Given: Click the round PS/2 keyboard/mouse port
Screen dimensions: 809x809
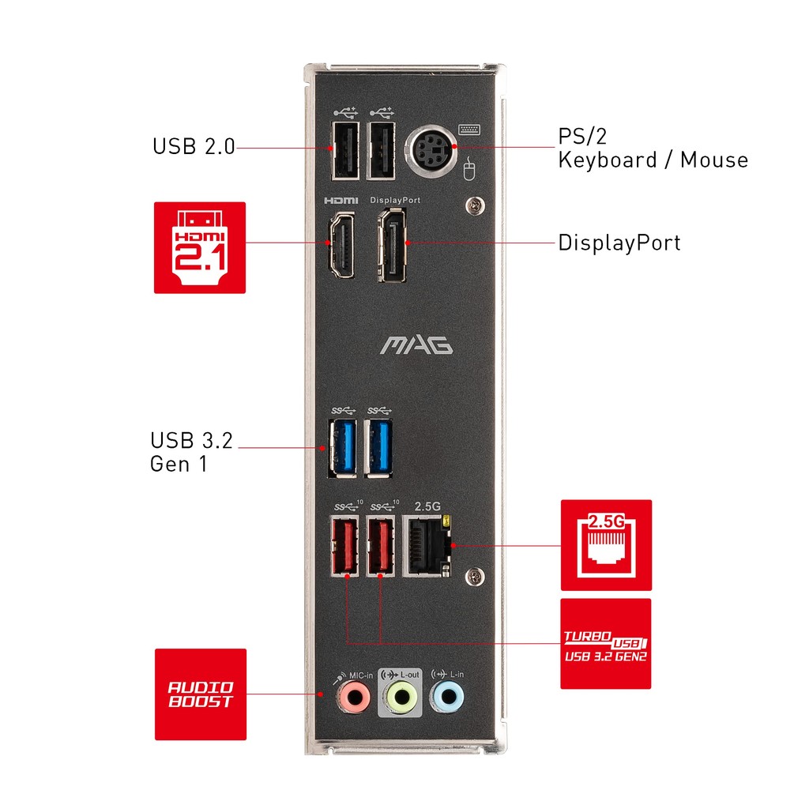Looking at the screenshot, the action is (431, 151).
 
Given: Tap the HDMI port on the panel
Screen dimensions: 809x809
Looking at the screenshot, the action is (341, 245).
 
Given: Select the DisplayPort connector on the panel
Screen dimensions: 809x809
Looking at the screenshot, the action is (392, 245).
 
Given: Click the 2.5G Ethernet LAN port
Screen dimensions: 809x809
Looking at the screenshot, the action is (427, 545).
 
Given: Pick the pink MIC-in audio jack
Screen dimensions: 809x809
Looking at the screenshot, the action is (354, 697).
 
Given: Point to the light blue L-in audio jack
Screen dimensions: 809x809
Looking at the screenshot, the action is (447, 697).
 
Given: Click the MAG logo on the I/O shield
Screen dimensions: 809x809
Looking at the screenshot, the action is (416, 345).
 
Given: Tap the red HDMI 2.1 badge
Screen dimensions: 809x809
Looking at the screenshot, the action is (200, 247).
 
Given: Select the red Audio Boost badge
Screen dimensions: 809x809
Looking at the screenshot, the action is (201, 694).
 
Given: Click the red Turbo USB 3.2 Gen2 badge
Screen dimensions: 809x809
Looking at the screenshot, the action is (606, 644).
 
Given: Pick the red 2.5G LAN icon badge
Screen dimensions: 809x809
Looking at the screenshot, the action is (606, 545).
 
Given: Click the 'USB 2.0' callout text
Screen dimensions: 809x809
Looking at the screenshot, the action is (194, 146).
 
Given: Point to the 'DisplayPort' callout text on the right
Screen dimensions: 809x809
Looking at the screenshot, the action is (619, 243).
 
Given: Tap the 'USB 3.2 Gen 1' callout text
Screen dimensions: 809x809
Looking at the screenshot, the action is (191, 452).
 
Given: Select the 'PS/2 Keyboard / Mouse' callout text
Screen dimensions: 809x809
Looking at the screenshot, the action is (653, 149).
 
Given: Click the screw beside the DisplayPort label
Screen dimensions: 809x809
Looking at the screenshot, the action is (475, 206).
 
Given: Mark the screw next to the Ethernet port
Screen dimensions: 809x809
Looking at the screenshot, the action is (475, 576).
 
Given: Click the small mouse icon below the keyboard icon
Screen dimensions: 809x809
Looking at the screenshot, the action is (469, 169).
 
